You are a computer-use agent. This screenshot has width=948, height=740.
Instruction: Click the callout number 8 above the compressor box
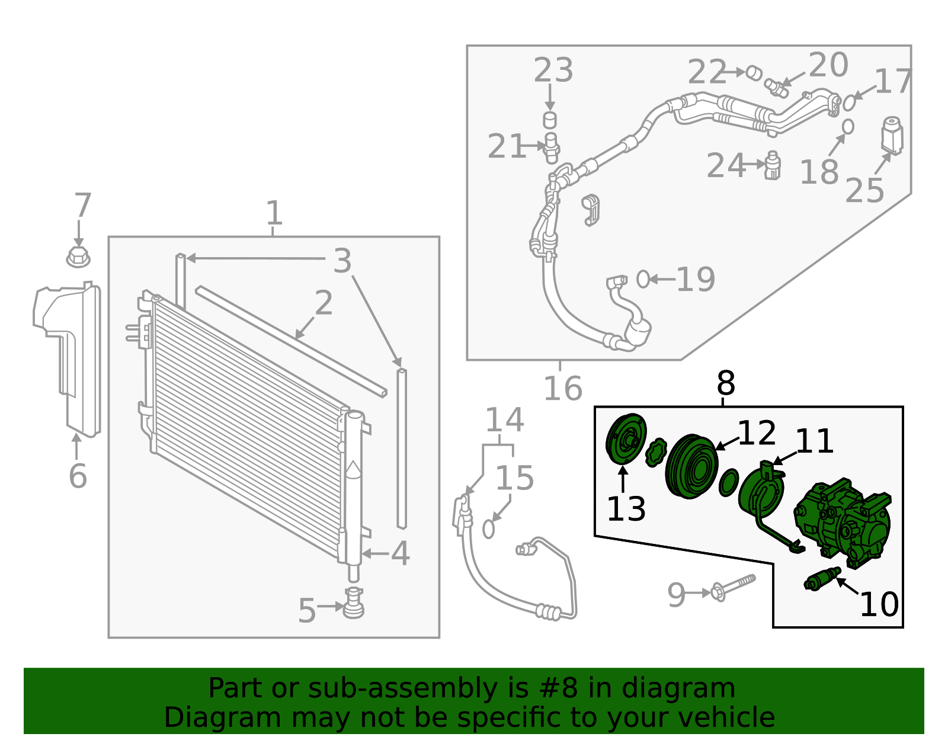click(725, 383)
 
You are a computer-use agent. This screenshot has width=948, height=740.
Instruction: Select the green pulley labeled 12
click(691, 466)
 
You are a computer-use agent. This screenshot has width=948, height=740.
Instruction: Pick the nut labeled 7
click(78, 258)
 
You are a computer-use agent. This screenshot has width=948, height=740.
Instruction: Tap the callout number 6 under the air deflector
click(78, 476)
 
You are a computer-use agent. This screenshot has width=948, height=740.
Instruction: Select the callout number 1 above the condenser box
click(273, 213)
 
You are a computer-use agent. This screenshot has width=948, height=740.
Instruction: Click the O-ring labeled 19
click(643, 278)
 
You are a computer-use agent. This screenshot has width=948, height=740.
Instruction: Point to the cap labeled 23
click(550, 120)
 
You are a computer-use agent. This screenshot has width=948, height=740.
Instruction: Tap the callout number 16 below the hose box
click(562, 389)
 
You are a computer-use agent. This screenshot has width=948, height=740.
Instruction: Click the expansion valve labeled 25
click(892, 136)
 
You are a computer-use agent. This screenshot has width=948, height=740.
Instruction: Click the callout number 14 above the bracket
click(504, 420)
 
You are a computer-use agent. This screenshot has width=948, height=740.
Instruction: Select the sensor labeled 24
click(772, 166)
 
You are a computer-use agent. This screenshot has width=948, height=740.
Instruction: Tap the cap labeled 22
click(754, 73)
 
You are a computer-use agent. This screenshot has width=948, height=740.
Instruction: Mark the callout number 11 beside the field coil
click(814, 441)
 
